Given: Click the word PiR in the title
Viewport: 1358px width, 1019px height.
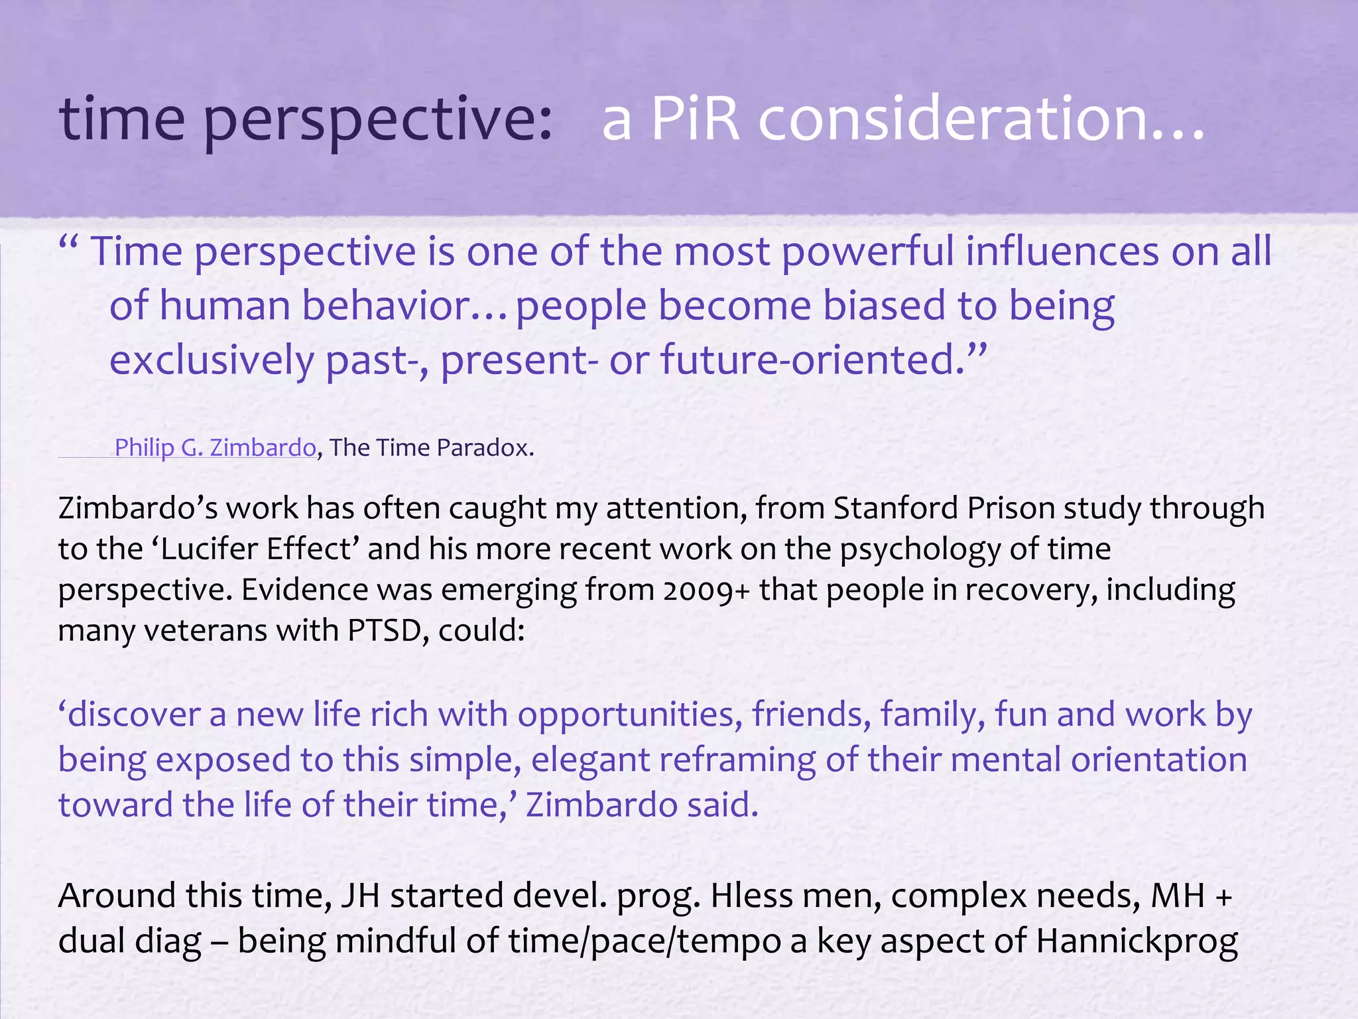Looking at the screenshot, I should [696, 119].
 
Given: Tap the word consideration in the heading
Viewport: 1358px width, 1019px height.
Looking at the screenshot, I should [981, 119].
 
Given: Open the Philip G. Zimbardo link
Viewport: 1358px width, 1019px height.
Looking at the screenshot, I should [215, 448].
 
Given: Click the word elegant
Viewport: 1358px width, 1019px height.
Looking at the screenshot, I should [591, 760].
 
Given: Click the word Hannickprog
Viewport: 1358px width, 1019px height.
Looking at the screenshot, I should [1137, 941].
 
